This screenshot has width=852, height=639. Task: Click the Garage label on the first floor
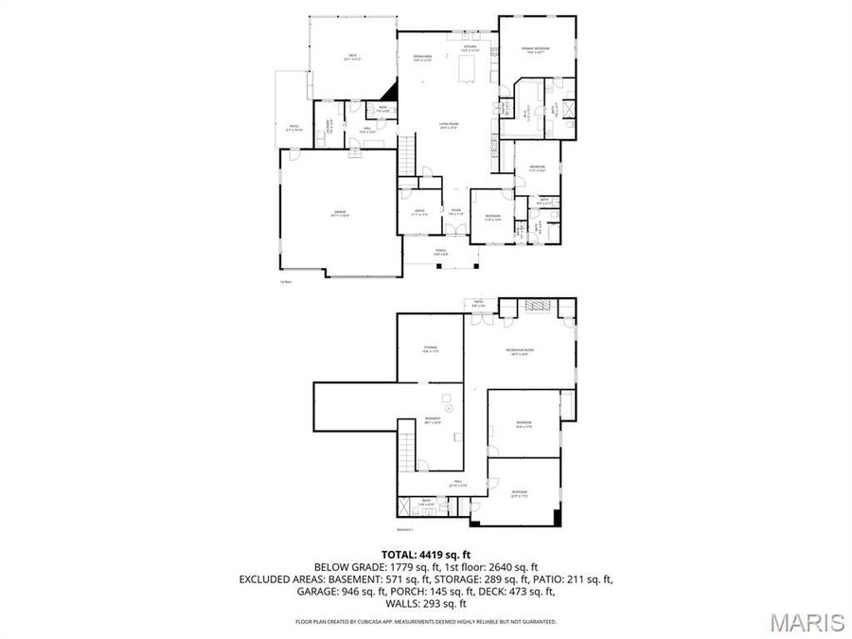[x=339, y=213]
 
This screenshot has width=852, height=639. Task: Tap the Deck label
[x=353, y=59]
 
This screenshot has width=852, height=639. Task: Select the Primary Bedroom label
[x=536, y=50]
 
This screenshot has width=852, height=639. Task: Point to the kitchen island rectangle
[x=467, y=69]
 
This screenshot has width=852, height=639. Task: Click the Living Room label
[x=448, y=126]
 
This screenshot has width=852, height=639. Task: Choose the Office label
[x=417, y=213]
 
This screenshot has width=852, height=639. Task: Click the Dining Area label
[x=422, y=59]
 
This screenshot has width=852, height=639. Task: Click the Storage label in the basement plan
[x=431, y=349]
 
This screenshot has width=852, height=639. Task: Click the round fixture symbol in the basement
[x=450, y=408]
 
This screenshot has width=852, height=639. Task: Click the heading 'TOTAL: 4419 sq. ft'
[x=426, y=555]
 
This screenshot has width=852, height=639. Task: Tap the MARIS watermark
[x=807, y=622]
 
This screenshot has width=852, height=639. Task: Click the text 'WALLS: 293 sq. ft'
[x=426, y=603]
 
